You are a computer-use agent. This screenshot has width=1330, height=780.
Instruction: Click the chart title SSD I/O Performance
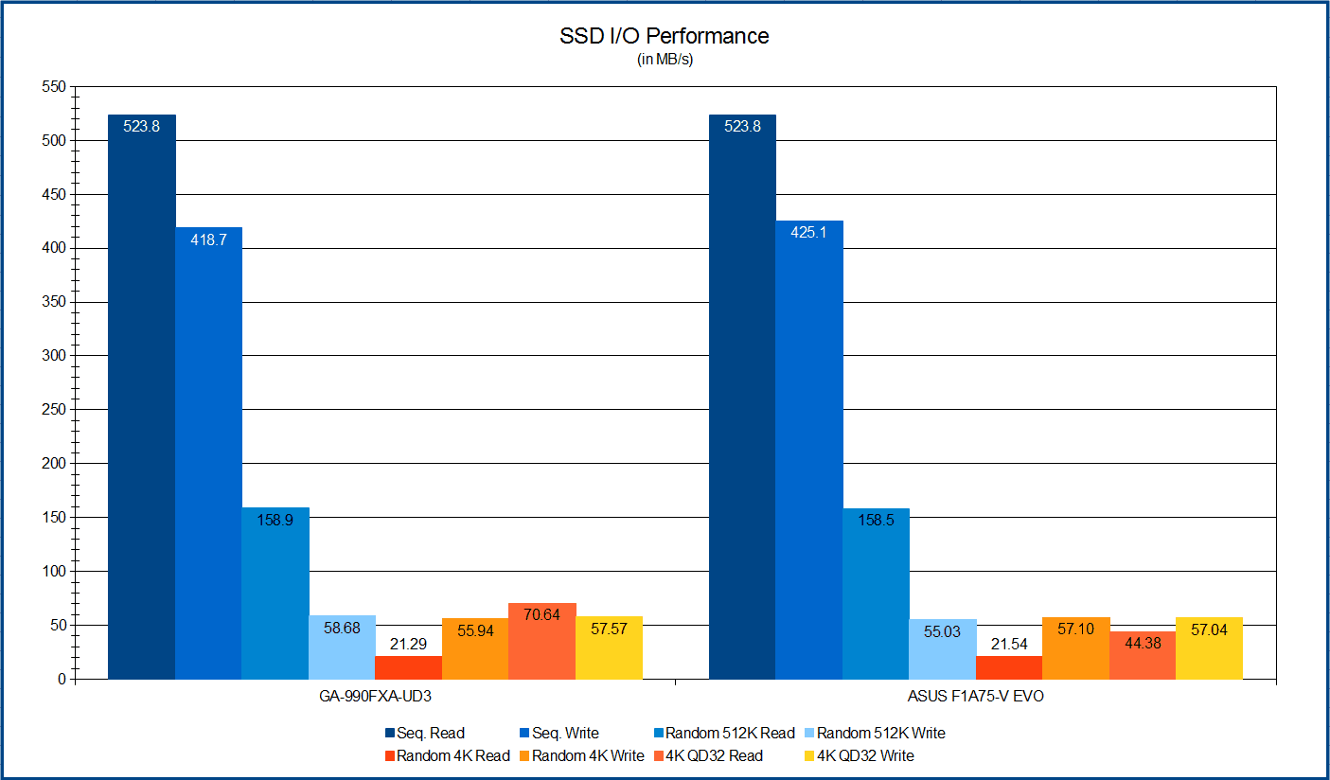(x=664, y=37)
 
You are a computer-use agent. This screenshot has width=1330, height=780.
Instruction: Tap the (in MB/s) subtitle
(x=664, y=60)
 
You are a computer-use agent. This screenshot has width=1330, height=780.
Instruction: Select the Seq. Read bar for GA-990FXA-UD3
(x=142, y=397)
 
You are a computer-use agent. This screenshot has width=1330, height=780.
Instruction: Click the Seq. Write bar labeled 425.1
(x=809, y=450)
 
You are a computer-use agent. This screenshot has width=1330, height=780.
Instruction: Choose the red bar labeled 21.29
(x=408, y=667)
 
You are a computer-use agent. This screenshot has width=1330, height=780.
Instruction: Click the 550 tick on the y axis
(x=54, y=87)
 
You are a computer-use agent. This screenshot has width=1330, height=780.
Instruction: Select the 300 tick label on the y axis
(x=54, y=356)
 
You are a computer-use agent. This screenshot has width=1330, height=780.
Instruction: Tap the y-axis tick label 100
(x=54, y=571)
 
